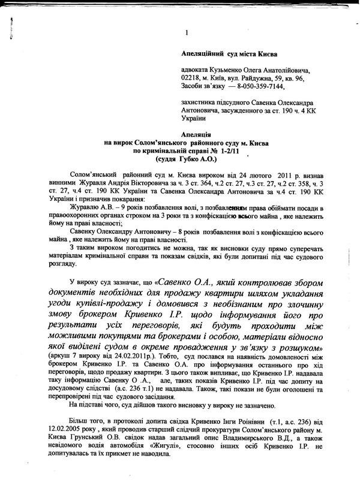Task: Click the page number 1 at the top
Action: (x=187, y=32)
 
